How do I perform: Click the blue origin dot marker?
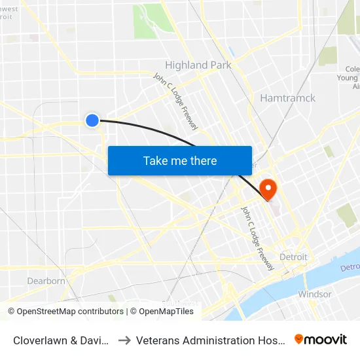coord(92,120)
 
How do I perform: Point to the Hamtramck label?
coord(287,98)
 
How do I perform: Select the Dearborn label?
coord(46,281)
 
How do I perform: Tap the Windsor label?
coord(314,294)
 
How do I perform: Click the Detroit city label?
coord(293,257)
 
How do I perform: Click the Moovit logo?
coord(321,340)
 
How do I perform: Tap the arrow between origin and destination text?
coord(124,340)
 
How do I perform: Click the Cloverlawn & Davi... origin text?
coord(62,340)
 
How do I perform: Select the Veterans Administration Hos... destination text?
coord(211,340)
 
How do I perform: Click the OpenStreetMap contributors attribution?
coord(65,312)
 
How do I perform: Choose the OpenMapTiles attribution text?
coord(162,312)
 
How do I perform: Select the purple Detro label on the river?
coord(350,268)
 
